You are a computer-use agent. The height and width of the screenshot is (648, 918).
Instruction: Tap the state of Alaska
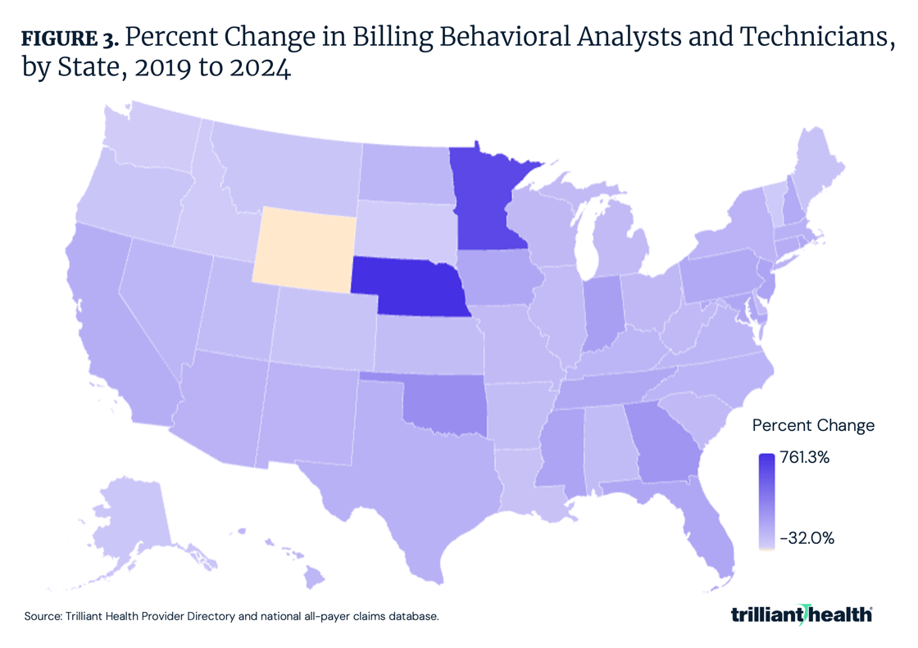[131, 516]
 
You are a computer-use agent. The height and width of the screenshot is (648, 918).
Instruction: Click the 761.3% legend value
[805, 458]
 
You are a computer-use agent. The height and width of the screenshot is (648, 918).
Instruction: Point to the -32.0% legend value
[807, 538]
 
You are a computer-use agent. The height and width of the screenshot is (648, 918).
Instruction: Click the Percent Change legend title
[813, 425]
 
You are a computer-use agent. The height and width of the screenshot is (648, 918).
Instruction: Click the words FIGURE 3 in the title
[70, 39]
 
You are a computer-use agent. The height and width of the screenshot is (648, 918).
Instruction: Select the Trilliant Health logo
[801, 615]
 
